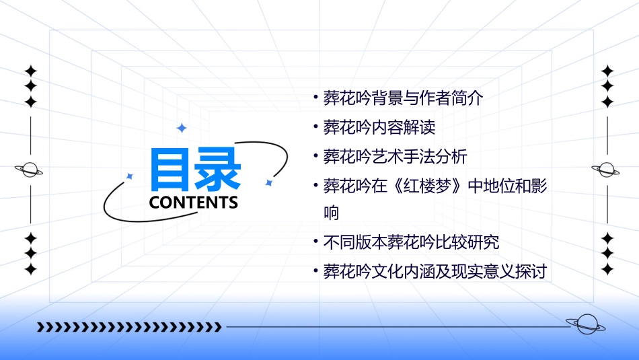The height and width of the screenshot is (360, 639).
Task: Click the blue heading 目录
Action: (x=195, y=169)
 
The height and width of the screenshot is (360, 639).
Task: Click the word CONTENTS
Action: (x=193, y=203)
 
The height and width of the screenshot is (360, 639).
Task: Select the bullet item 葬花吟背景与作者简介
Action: (x=403, y=98)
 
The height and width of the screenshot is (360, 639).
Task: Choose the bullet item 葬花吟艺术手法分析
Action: (x=395, y=156)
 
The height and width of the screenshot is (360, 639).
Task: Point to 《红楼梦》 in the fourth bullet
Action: (x=424, y=185)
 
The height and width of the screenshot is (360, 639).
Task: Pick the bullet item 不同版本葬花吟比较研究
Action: (x=411, y=242)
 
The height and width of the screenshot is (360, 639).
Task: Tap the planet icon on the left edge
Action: (x=30, y=170)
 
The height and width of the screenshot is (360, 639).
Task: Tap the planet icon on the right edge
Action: (x=607, y=170)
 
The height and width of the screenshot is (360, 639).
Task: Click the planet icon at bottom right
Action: (x=585, y=325)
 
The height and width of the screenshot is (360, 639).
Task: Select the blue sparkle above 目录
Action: (x=181, y=128)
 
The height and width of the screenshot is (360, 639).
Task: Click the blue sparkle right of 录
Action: (x=268, y=182)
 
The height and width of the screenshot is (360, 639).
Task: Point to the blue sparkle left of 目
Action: (x=130, y=176)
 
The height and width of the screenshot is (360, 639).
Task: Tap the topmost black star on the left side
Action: (x=30, y=71)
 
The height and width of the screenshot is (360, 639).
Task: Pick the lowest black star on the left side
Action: (x=30, y=269)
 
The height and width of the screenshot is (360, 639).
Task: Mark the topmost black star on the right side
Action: (x=607, y=71)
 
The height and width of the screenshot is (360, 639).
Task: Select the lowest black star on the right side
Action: (x=607, y=269)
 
